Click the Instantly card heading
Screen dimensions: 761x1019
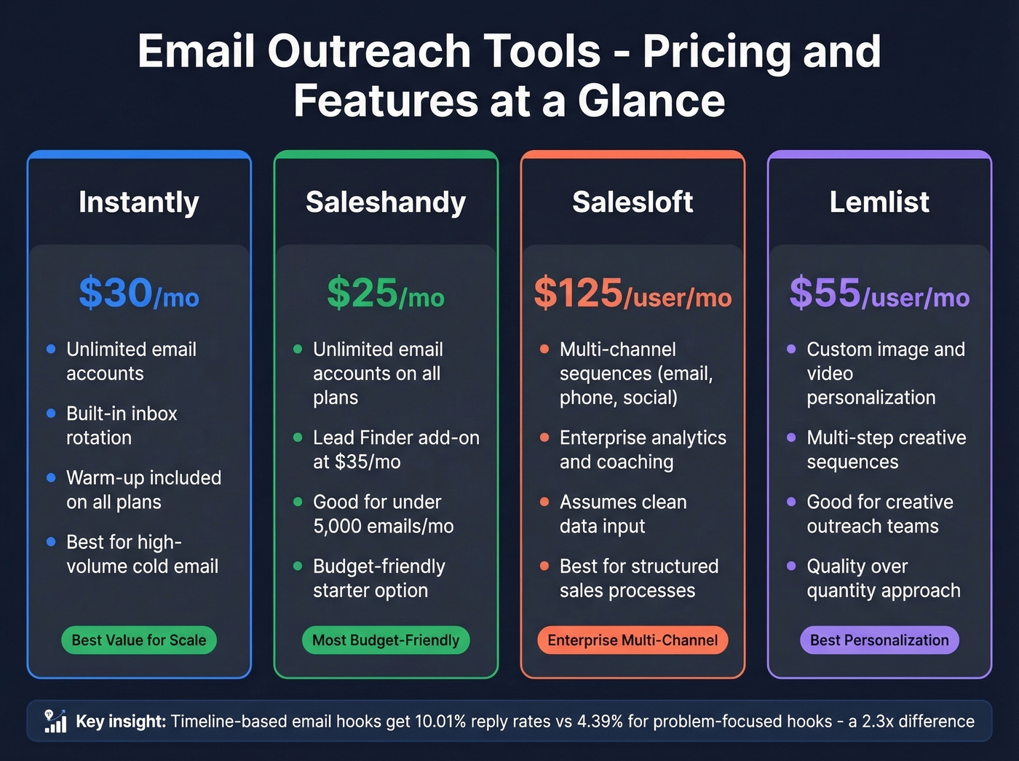[138, 202]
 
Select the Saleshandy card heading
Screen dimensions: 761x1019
[386, 202]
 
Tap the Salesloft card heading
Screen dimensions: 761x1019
[633, 202]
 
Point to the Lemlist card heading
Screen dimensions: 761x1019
[879, 202]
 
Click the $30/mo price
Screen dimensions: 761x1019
[138, 293]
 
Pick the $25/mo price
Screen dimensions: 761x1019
[386, 293]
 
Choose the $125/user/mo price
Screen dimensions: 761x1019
[633, 293]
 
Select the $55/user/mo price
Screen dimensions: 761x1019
[879, 293]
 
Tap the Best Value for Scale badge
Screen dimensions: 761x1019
[139, 640]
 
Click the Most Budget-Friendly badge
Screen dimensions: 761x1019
[386, 640]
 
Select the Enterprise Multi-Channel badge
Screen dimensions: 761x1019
[633, 640]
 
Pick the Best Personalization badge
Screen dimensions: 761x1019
[879, 640]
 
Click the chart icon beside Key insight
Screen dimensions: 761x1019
[55, 721]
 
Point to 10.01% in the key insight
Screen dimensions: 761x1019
[440, 722]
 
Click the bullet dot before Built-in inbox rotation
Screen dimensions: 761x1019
[51, 414]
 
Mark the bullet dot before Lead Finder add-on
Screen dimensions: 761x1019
[298, 438]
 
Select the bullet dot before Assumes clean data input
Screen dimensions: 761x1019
[544, 502]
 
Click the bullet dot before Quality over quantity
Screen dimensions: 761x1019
[791, 566]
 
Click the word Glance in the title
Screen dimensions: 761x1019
[651, 100]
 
